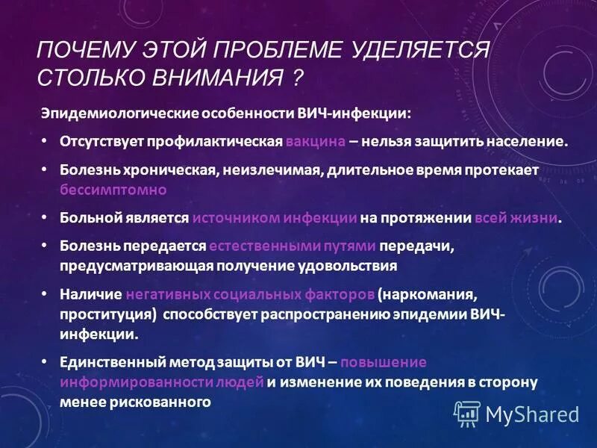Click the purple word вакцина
pos(314,141)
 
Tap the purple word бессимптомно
pos(113,190)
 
